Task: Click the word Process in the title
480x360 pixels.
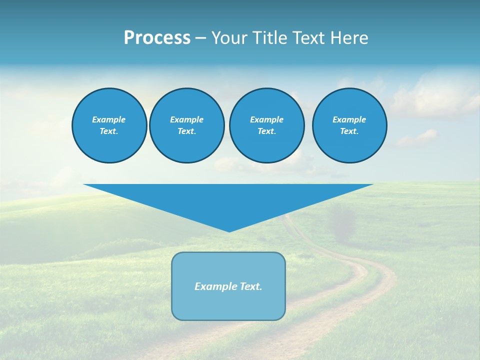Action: [x=157, y=38]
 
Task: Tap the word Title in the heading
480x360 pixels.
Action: [x=269, y=38]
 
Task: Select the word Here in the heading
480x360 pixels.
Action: [x=349, y=38]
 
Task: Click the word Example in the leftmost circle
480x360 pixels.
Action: [x=109, y=119]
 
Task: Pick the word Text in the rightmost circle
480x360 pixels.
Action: [x=349, y=131]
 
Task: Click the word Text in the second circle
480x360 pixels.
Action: [x=186, y=131]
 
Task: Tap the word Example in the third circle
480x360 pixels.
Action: [x=266, y=119]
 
